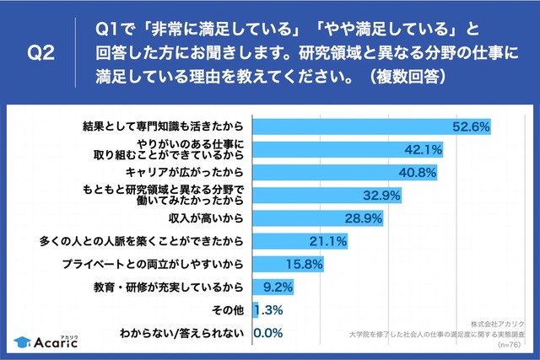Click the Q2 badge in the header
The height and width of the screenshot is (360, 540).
tap(41, 52)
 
